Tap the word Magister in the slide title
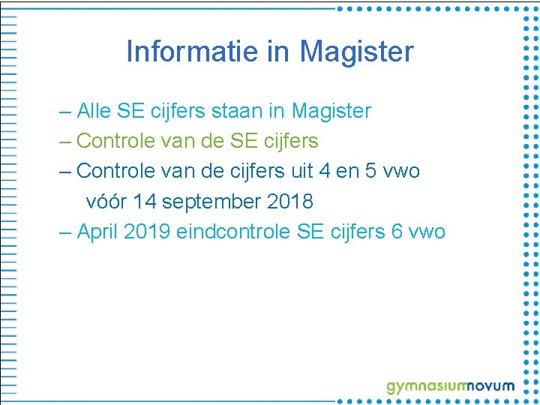coord(356,52)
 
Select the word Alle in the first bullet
coord(94,111)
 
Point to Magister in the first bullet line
coord(331,111)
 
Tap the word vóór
coord(106,201)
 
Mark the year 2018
coord(287,201)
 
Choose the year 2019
coord(147,231)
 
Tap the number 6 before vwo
coord(397,231)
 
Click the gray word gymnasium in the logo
coord(425,387)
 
